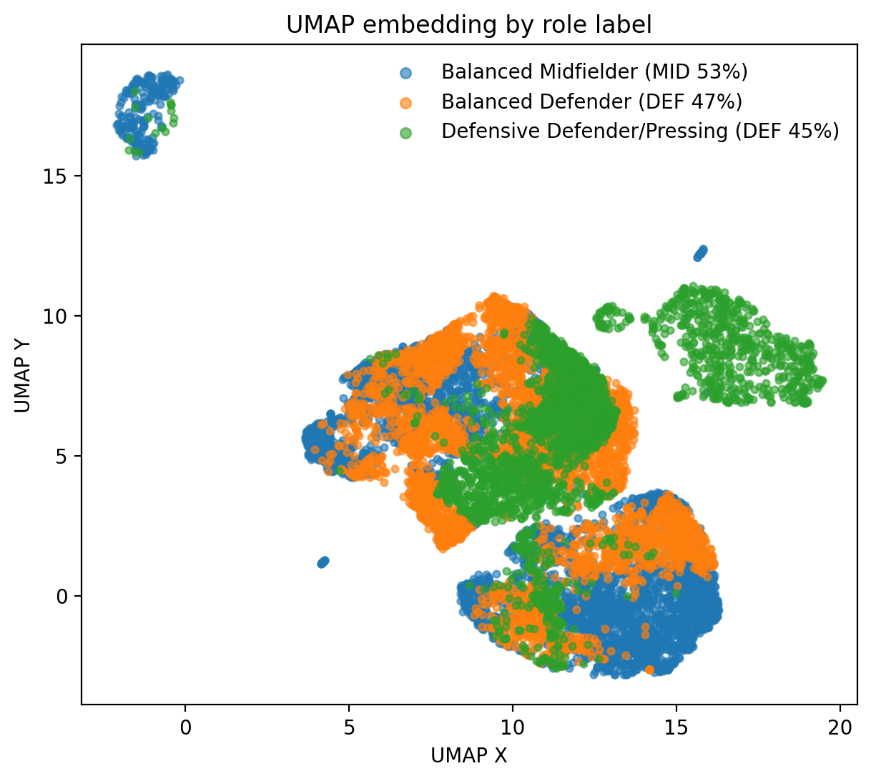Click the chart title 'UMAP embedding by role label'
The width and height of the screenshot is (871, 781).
pyautogui.click(x=468, y=25)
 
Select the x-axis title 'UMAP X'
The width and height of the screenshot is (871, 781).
pyautogui.click(x=468, y=756)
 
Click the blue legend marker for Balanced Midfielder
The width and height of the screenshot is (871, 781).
pyautogui.click(x=405, y=72)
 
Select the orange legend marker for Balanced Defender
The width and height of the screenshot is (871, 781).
pyautogui.click(x=405, y=102)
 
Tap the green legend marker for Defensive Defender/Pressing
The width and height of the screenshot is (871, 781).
pyautogui.click(x=405, y=132)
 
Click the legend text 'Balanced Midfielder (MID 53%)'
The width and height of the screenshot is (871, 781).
pyautogui.click(x=594, y=72)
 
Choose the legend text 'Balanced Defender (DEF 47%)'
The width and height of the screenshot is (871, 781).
pyautogui.click(x=591, y=102)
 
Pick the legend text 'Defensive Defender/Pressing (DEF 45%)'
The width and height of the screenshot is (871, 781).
pyautogui.click(x=640, y=132)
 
